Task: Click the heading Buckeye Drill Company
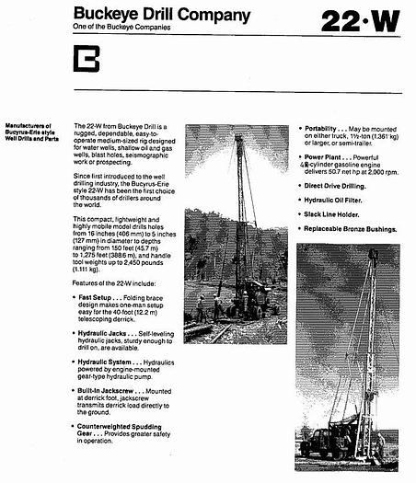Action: click(160, 15)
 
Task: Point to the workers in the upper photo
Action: click(206, 308)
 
